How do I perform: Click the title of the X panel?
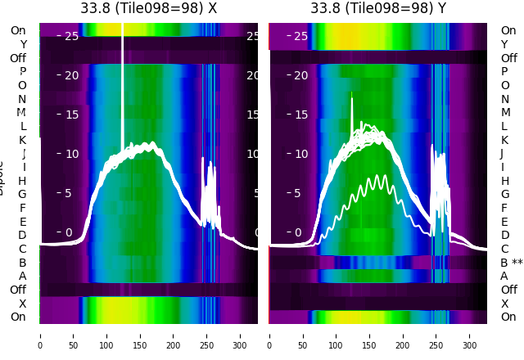(148, 8)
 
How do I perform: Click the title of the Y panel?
(378, 8)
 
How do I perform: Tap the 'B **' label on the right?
(512, 263)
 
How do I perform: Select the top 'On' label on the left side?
(18, 31)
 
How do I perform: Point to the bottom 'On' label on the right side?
(508, 317)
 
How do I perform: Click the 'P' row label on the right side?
(505, 72)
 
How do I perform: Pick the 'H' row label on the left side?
(23, 181)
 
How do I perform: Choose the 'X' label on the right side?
(505, 304)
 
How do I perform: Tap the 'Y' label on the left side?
(23, 45)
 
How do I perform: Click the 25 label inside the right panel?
(300, 36)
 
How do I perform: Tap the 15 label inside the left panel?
(71, 115)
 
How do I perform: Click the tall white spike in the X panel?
(123, 82)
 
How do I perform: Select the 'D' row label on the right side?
(505, 236)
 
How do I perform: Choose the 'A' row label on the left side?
(23, 277)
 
